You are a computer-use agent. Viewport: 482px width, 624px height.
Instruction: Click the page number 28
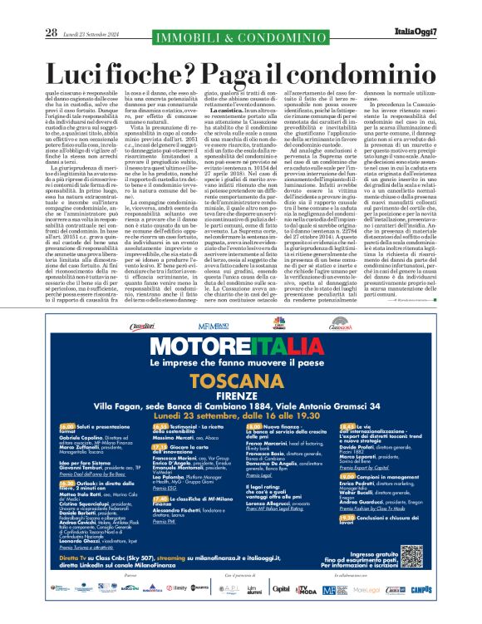pyautogui.click(x=52, y=9)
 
